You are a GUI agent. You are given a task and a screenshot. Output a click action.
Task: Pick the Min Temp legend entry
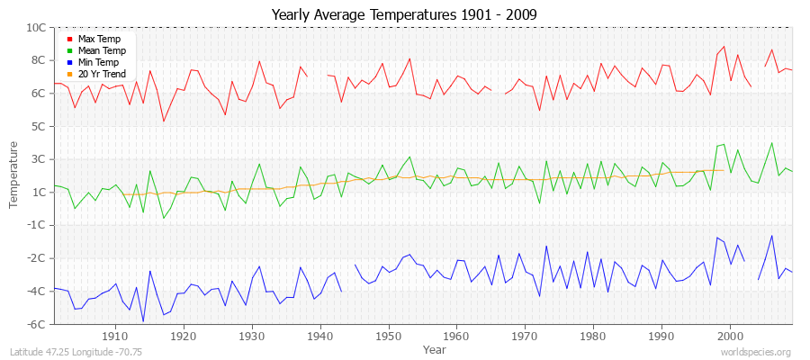[98, 62]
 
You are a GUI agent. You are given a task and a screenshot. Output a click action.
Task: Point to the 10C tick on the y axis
[36, 28]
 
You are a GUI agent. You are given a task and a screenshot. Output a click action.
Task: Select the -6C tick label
[37, 324]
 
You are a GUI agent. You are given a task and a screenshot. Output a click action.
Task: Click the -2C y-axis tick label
[37, 258]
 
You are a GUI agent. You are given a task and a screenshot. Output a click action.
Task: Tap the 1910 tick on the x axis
[115, 337]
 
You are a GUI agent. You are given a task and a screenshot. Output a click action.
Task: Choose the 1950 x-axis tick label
[388, 337]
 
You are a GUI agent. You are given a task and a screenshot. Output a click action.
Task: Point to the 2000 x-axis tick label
[730, 337]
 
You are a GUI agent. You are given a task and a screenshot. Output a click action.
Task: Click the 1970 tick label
[525, 337]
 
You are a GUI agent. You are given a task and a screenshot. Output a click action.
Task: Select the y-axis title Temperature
[14, 175]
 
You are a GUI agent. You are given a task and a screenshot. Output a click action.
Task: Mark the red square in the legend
[69, 40]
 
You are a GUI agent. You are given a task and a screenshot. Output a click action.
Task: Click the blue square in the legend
[69, 62]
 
